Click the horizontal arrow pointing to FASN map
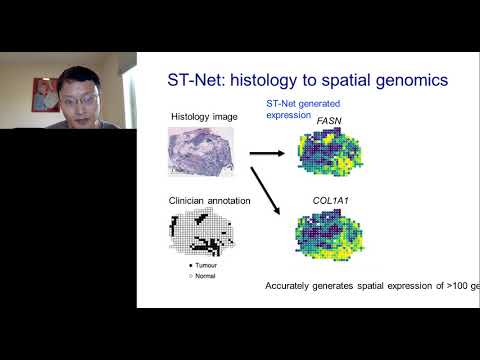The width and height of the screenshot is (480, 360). [264, 153]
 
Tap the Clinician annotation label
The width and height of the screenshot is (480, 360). [208, 202]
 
